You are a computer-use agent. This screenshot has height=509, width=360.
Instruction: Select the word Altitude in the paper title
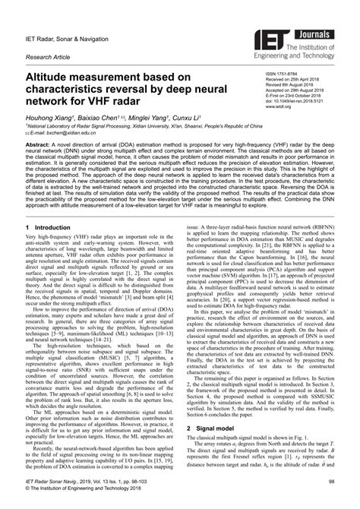[x=52, y=77]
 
